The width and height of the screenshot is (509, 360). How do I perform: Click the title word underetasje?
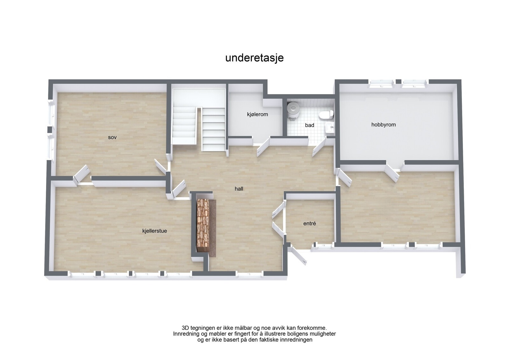(254, 58)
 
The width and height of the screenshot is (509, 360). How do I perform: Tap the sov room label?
(112, 137)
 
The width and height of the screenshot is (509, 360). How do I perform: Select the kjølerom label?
(257, 114)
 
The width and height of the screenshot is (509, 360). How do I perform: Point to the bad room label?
(310, 125)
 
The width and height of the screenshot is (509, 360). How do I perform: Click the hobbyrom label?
(383, 125)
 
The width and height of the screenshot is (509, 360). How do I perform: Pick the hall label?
(239, 189)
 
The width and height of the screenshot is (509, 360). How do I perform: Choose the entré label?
(310, 224)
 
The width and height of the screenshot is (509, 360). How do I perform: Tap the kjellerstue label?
(155, 231)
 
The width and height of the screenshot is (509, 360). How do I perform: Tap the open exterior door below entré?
(299, 256)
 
